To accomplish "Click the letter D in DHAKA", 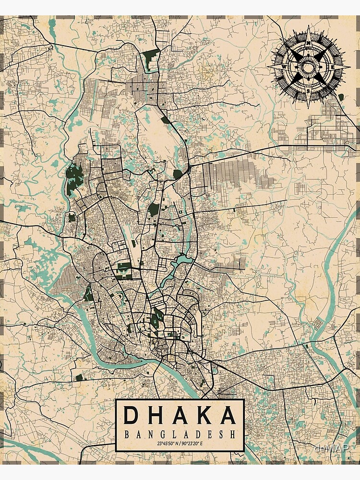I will coord(130,416).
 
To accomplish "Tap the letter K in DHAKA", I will coord(204,416).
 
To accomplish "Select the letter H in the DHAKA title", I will coord(155,416).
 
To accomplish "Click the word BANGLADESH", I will coord(180,435).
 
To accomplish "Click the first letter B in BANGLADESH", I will coord(127,435).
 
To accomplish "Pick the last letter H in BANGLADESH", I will coord(233,435).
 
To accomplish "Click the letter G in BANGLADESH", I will coord(162,435).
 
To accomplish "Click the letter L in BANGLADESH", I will coord(174,435).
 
